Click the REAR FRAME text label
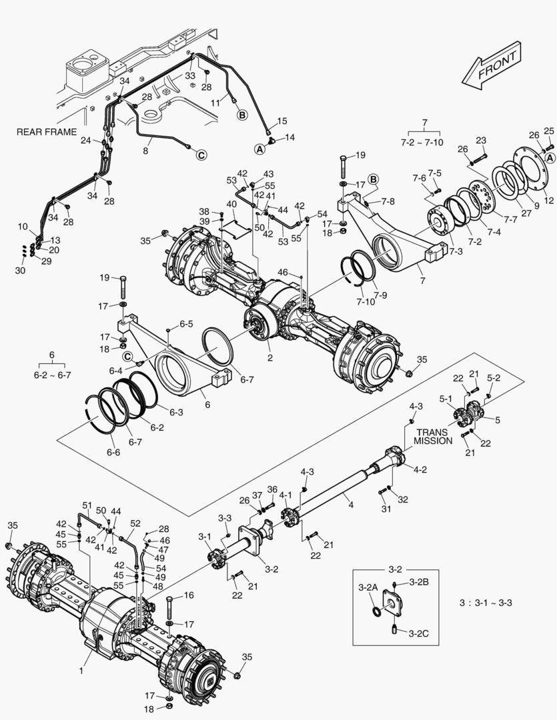point(46,132)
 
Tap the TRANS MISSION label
point(433,436)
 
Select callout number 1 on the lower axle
point(81,671)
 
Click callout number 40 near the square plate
point(231,203)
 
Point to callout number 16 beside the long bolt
point(189,595)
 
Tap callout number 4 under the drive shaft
point(350,505)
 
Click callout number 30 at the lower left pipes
point(20,271)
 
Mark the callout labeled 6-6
point(114,452)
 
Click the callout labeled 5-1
point(445,399)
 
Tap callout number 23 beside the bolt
point(481,140)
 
